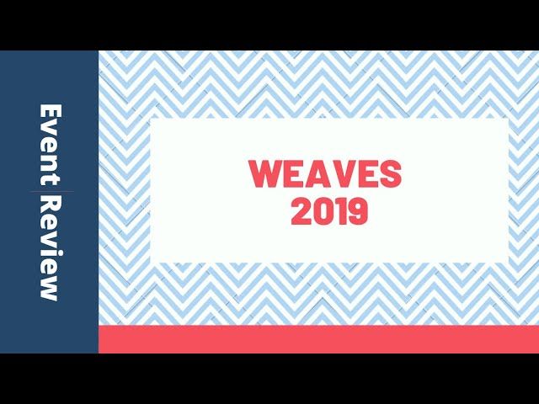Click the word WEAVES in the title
tap(325, 174)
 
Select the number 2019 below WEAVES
tap(329, 212)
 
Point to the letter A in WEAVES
tap(313, 174)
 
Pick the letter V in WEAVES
tap(339, 174)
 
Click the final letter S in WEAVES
tap(390, 174)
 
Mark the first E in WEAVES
tap(291, 174)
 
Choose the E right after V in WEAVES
tap(365, 174)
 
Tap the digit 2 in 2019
tap(301, 212)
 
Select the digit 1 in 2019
tap(339, 212)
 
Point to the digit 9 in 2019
tap(357, 212)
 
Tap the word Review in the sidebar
tap(50, 247)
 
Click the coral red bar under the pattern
tap(318, 339)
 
